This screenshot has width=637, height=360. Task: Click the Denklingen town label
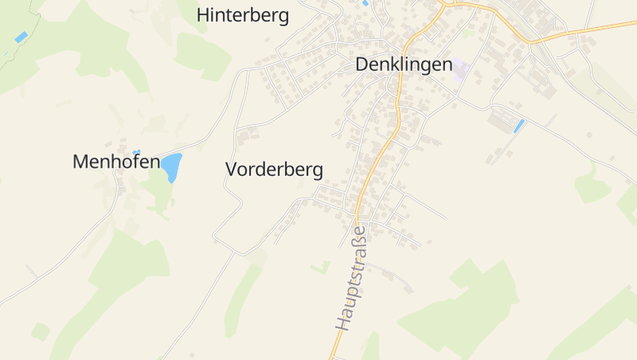tap(404, 65)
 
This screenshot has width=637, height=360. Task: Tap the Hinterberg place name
tap(243, 15)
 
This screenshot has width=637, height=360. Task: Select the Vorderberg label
tap(275, 169)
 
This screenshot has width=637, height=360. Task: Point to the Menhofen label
tap(116, 162)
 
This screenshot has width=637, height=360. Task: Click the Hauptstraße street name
tap(351, 279)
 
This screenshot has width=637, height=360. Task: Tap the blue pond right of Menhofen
tap(173, 166)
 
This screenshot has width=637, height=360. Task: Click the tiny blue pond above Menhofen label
tap(136, 151)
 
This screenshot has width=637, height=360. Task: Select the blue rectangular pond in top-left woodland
tap(21, 37)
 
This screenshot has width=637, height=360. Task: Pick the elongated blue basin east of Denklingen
tap(519, 126)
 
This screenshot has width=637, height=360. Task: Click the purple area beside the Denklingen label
tap(462, 69)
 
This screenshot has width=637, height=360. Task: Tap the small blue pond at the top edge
tap(365, 3)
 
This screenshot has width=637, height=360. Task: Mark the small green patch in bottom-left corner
tap(41, 331)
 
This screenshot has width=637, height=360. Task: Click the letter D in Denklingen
tap(363, 65)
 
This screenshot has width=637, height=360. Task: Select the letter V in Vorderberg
tap(233, 169)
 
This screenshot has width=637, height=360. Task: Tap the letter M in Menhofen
tap(80, 162)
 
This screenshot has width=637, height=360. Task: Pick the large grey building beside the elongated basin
tap(502, 122)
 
